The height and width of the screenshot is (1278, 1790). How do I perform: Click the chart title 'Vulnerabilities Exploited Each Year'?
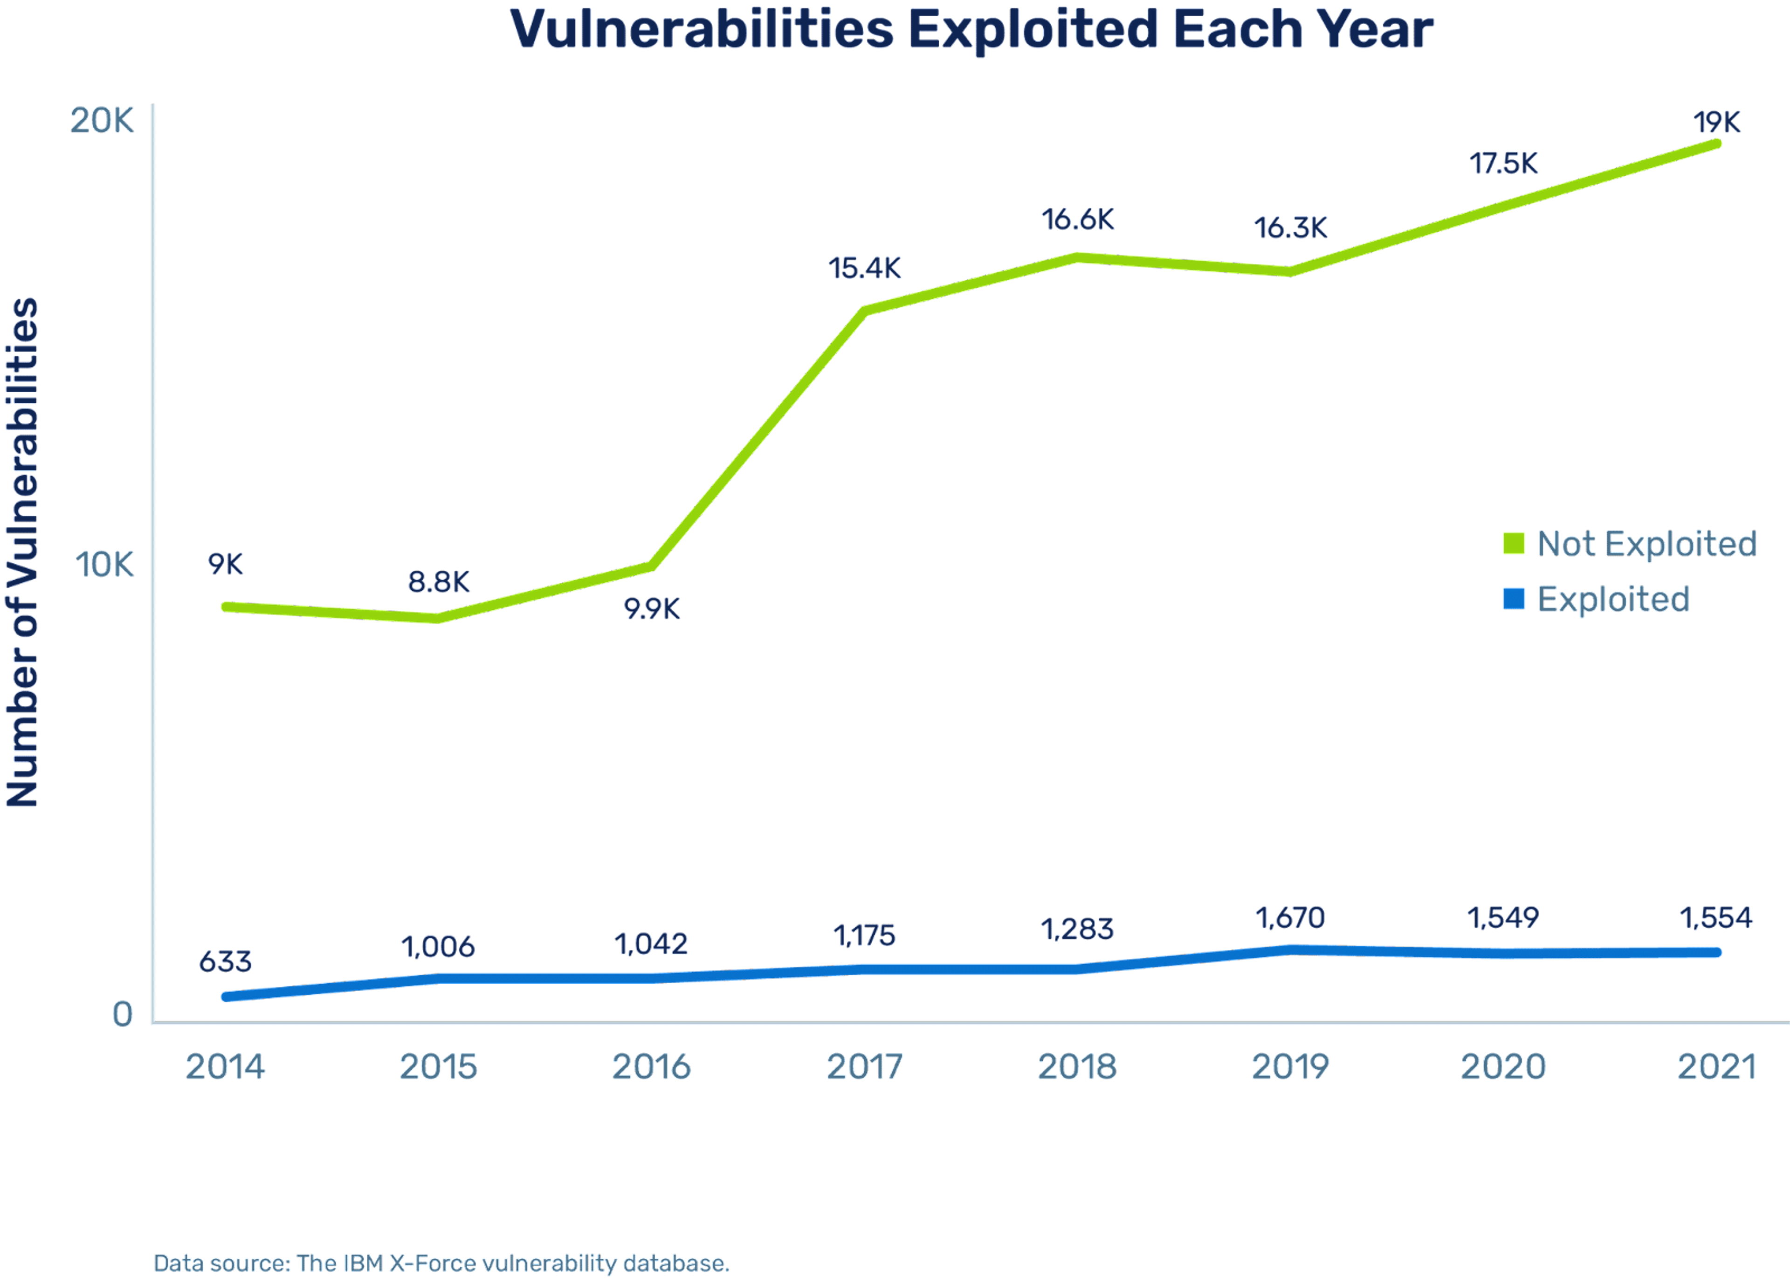pyautogui.click(x=972, y=30)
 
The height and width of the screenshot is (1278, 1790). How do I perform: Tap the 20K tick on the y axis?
pyautogui.click(x=102, y=120)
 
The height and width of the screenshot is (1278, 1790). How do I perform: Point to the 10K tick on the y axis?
pyautogui.click(x=104, y=564)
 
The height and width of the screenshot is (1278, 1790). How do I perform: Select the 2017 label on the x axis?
pyautogui.click(x=864, y=1067)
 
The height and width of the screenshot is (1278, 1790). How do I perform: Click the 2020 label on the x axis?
pyautogui.click(x=1503, y=1067)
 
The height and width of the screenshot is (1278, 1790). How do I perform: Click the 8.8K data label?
pyautogui.click(x=438, y=582)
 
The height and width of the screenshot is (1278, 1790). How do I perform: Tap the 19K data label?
pyautogui.click(x=1717, y=123)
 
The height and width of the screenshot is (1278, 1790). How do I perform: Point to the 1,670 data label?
pyautogui.click(x=1289, y=918)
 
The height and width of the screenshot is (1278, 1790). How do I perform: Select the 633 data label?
pyautogui.click(x=226, y=962)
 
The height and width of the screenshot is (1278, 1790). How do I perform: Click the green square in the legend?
pyautogui.click(x=1513, y=543)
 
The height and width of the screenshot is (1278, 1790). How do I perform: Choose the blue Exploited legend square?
pyautogui.click(x=1513, y=599)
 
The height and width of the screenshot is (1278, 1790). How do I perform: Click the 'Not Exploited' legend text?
pyautogui.click(x=1646, y=544)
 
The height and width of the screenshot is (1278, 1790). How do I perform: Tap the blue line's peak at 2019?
pyautogui.click(x=1289, y=949)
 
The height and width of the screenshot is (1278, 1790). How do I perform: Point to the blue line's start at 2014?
pyautogui.click(x=226, y=997)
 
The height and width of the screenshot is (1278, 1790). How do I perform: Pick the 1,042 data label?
pyautogui.click(x=651, y=944)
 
